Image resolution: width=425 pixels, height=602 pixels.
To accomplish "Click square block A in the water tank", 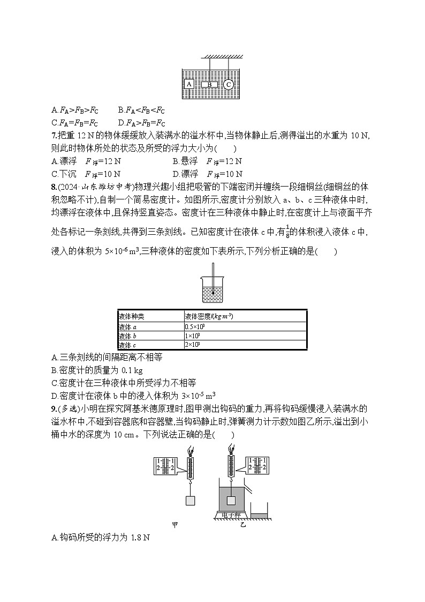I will coord(189,84).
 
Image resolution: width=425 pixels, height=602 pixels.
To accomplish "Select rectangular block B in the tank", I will coord(210,85).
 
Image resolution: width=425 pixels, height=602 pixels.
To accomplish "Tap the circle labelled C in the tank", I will coord(229,84).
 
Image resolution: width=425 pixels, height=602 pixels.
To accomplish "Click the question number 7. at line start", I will coord(55,136).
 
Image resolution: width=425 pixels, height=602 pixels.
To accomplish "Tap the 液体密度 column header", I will coord(209,316).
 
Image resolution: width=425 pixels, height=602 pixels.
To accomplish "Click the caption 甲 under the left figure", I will coord(174,525).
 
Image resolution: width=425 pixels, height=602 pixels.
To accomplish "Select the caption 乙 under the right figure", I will coord(244,525).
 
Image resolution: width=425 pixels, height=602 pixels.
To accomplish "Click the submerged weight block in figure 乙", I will coord(231,501).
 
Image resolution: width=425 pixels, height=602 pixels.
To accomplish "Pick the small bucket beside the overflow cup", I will coord(260,511).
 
